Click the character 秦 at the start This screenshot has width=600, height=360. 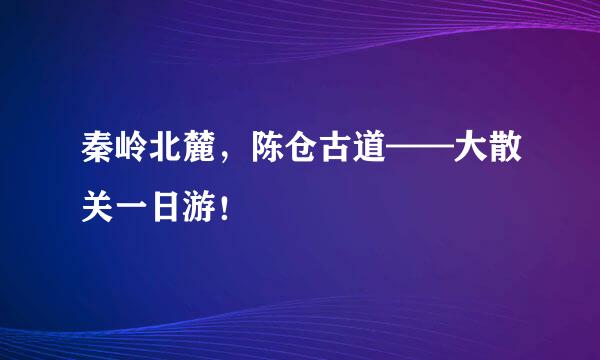pyautogui.click(x=89, y=158)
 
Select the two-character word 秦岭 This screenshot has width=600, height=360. pyautogui.click(x=107, y=158)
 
